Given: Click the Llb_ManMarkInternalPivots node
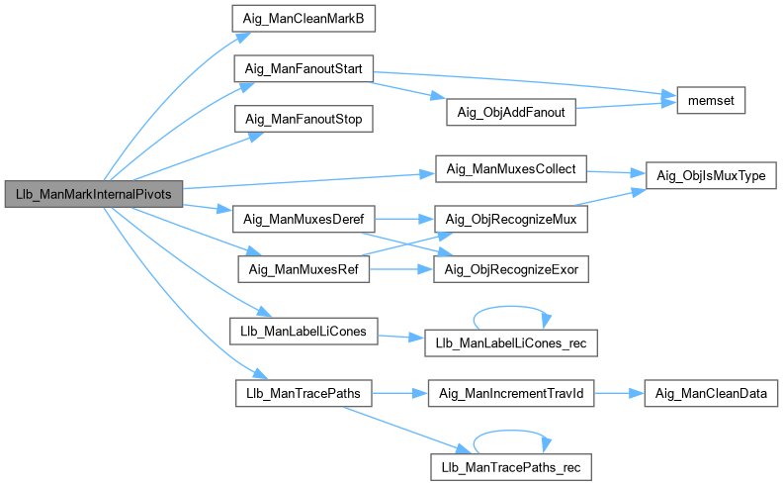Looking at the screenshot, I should click(94, 194).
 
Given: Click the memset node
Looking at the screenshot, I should click(710, 101).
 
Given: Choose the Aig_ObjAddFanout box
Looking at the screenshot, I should click(510, 112).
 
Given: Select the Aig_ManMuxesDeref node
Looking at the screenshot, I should click(301, 217).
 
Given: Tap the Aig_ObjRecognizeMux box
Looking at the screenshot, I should click(511, 217).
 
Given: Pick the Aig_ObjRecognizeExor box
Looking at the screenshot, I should click(511, 267).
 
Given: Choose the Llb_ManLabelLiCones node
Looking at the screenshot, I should click(304, 331).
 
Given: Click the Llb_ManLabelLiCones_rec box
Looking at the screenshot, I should click(510, 342).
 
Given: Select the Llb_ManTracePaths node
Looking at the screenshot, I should click(302, 393).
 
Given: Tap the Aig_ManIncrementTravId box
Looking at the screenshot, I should click(510, 393).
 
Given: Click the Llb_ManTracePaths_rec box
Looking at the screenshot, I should click(510, 463).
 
